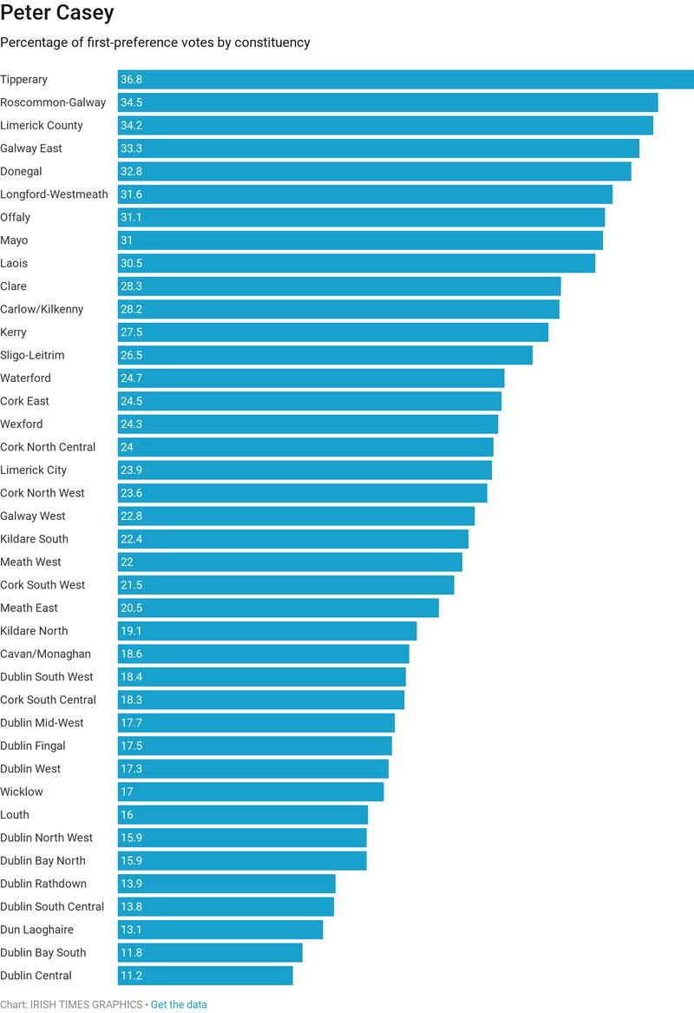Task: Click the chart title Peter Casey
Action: pyautogui.click(x=57, y=15)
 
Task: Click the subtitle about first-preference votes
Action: pyautogui.click(x=155, y=43)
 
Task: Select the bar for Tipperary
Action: pyautogui.click(x=406, y=80)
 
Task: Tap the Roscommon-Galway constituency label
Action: pyautogui.click(x=53, y=102)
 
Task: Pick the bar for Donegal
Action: pyautogui.click(x=375, y=172)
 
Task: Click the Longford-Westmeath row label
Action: pyautogui.click(x=54, y=194)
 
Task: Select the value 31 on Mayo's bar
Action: pyautogui.click(x=127, y=240)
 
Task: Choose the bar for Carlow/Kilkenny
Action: pyautogui.click(x=338, y=310)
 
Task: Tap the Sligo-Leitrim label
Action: pyautogui.click(x=32, y=355)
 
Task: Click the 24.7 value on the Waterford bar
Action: pyautogui.click(x=132, y=378)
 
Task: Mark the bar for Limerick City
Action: pyautogui.click(x=304, y=470)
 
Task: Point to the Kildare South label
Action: pyautogui.click(x=34, y=539)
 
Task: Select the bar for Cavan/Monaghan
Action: pyautogui.click(x=264, y=655)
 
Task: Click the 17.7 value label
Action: pyautogui.click(x=132, y=723)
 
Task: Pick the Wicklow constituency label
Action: pyautogui.click(x=22, y=792)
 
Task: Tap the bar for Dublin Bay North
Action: pyautogui.click(x=242, y=861)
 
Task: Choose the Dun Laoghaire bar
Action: pyautogui.click(x=220, y=930)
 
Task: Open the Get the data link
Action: pyautogui.click(x=179, y=1004)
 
